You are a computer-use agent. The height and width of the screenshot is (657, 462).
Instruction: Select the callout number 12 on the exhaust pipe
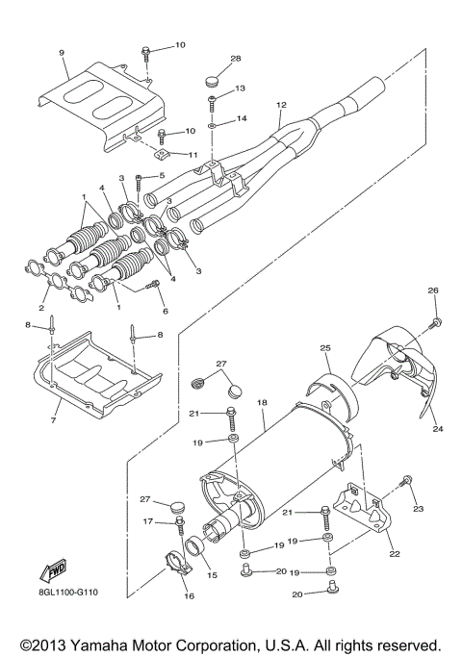click(x=281, y=104)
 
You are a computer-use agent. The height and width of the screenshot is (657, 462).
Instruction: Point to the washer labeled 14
click(x=211, y=124)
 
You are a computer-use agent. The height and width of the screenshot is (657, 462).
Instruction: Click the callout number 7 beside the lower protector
click(x=53, y=420)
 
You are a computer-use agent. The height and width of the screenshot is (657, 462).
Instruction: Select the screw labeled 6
click(x=152, y=284)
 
